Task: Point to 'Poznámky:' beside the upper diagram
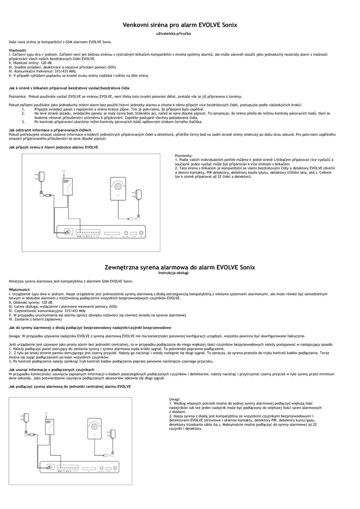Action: coord(183,156)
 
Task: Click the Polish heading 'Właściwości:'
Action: coord(20,289)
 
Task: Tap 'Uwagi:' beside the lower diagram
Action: coord(175,399)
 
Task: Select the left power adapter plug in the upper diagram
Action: coord(38,174)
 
